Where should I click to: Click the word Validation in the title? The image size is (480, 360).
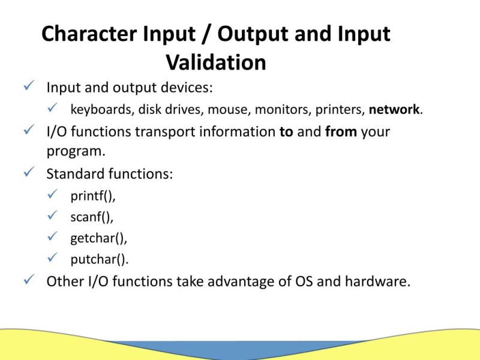point(216,62)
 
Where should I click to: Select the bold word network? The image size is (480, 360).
point(394,109)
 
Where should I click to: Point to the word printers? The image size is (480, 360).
point(341,110)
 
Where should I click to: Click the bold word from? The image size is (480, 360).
point(341,131)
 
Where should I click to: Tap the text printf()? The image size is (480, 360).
point(92,196)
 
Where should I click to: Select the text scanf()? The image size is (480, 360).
point(92,217)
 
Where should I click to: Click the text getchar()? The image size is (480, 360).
point(98,238)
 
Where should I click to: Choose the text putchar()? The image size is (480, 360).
point(99,259)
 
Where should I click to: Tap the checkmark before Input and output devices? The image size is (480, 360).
point(28,86)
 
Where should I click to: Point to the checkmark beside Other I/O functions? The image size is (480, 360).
point(28,280)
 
